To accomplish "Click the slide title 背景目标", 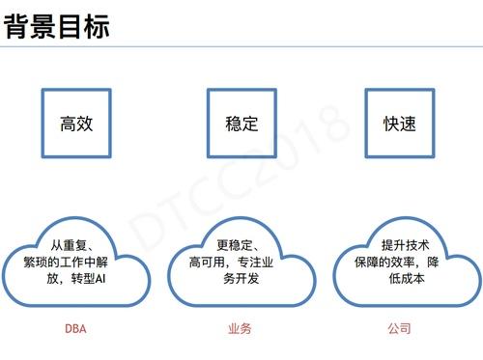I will tap(57, 26).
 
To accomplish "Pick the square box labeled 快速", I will tap(399, 124).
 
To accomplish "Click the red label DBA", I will tap(75, 329).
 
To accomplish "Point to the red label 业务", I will tap(240, 329).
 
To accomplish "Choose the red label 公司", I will tap(399, 329).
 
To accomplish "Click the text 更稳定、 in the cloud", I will tap(238, 244).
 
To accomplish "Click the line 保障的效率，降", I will tap(400, 262).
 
